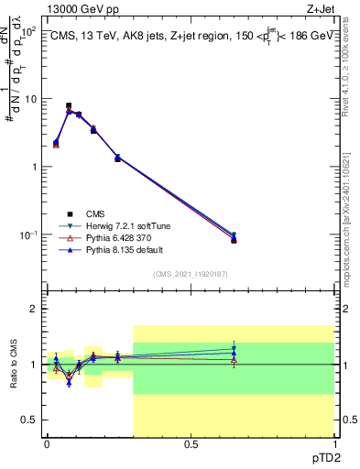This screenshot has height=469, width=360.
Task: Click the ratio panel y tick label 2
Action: tap(34, 310)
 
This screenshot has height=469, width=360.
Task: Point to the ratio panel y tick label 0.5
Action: tap(29, 420)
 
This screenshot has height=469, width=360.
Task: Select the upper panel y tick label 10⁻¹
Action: tap(27, 235)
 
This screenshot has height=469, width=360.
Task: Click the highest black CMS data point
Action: tap(69, 106)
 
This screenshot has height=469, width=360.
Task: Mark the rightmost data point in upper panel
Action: tap(234, 239)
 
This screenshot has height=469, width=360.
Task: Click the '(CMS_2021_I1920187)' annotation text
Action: tap(190, 273)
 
